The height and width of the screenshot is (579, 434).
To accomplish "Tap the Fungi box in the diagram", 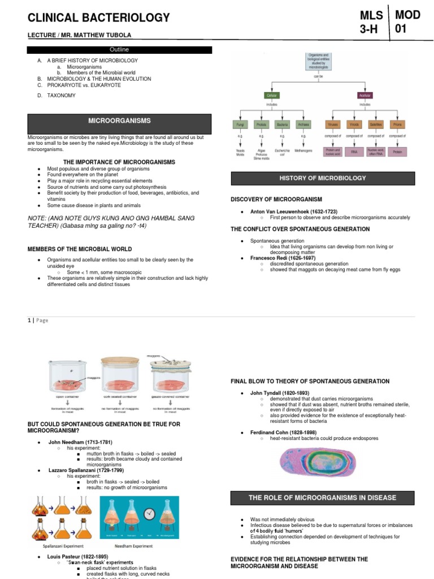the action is pos(240,124).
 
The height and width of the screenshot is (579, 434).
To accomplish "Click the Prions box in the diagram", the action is pos(398,124).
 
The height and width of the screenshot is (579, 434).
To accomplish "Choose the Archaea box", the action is pos(303,124).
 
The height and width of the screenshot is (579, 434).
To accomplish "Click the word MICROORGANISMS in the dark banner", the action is pos(119,121).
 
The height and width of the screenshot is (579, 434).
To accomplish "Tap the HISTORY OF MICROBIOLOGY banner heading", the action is pos(323,178).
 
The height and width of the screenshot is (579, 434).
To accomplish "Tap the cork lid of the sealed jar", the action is pos(122,361).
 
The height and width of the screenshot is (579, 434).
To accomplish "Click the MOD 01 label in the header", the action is pos(409,21).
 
